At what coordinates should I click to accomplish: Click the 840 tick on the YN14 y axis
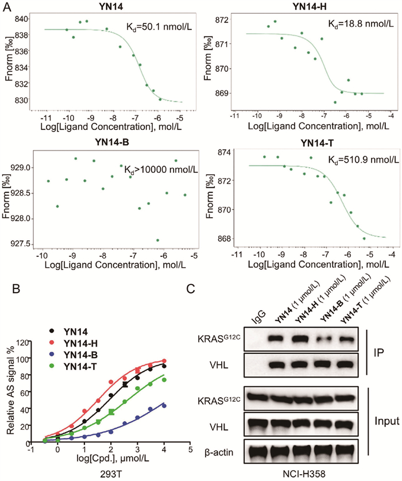point(28,19)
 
